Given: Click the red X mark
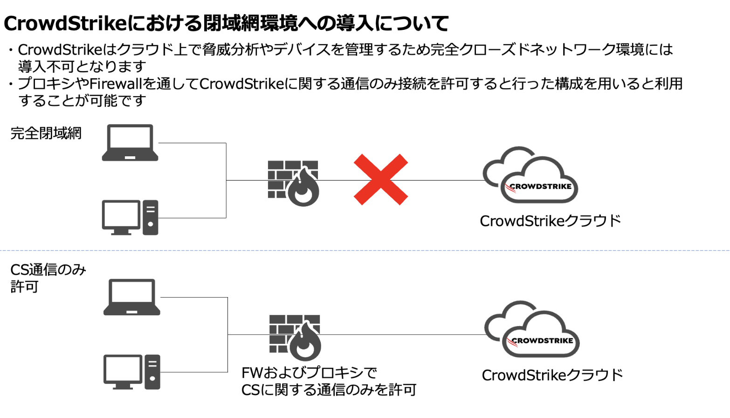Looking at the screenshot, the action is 381,180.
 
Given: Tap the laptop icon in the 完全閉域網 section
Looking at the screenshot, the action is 130,142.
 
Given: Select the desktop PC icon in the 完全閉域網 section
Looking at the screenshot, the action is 130,217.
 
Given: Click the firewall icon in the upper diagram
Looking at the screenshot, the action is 293,183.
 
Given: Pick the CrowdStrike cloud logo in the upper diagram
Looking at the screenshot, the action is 530,175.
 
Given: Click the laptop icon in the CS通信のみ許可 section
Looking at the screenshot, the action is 131,297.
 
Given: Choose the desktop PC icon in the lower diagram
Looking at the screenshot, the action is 131,372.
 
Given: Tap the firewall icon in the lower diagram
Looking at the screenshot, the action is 295,337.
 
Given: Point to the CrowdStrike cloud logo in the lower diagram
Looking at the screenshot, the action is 532,329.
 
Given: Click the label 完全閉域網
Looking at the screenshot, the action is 46,133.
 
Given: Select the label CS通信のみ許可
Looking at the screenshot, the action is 48,278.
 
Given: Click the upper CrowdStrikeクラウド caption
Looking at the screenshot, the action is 551,221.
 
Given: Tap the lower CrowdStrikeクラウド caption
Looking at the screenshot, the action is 552,375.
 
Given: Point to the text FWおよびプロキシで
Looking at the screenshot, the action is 309,373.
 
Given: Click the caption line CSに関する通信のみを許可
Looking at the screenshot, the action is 329,390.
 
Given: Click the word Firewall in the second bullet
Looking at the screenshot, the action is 116,84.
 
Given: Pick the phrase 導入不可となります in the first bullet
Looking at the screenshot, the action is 82,67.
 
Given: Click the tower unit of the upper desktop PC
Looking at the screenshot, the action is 150,217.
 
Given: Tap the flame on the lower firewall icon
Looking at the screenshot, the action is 305,342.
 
